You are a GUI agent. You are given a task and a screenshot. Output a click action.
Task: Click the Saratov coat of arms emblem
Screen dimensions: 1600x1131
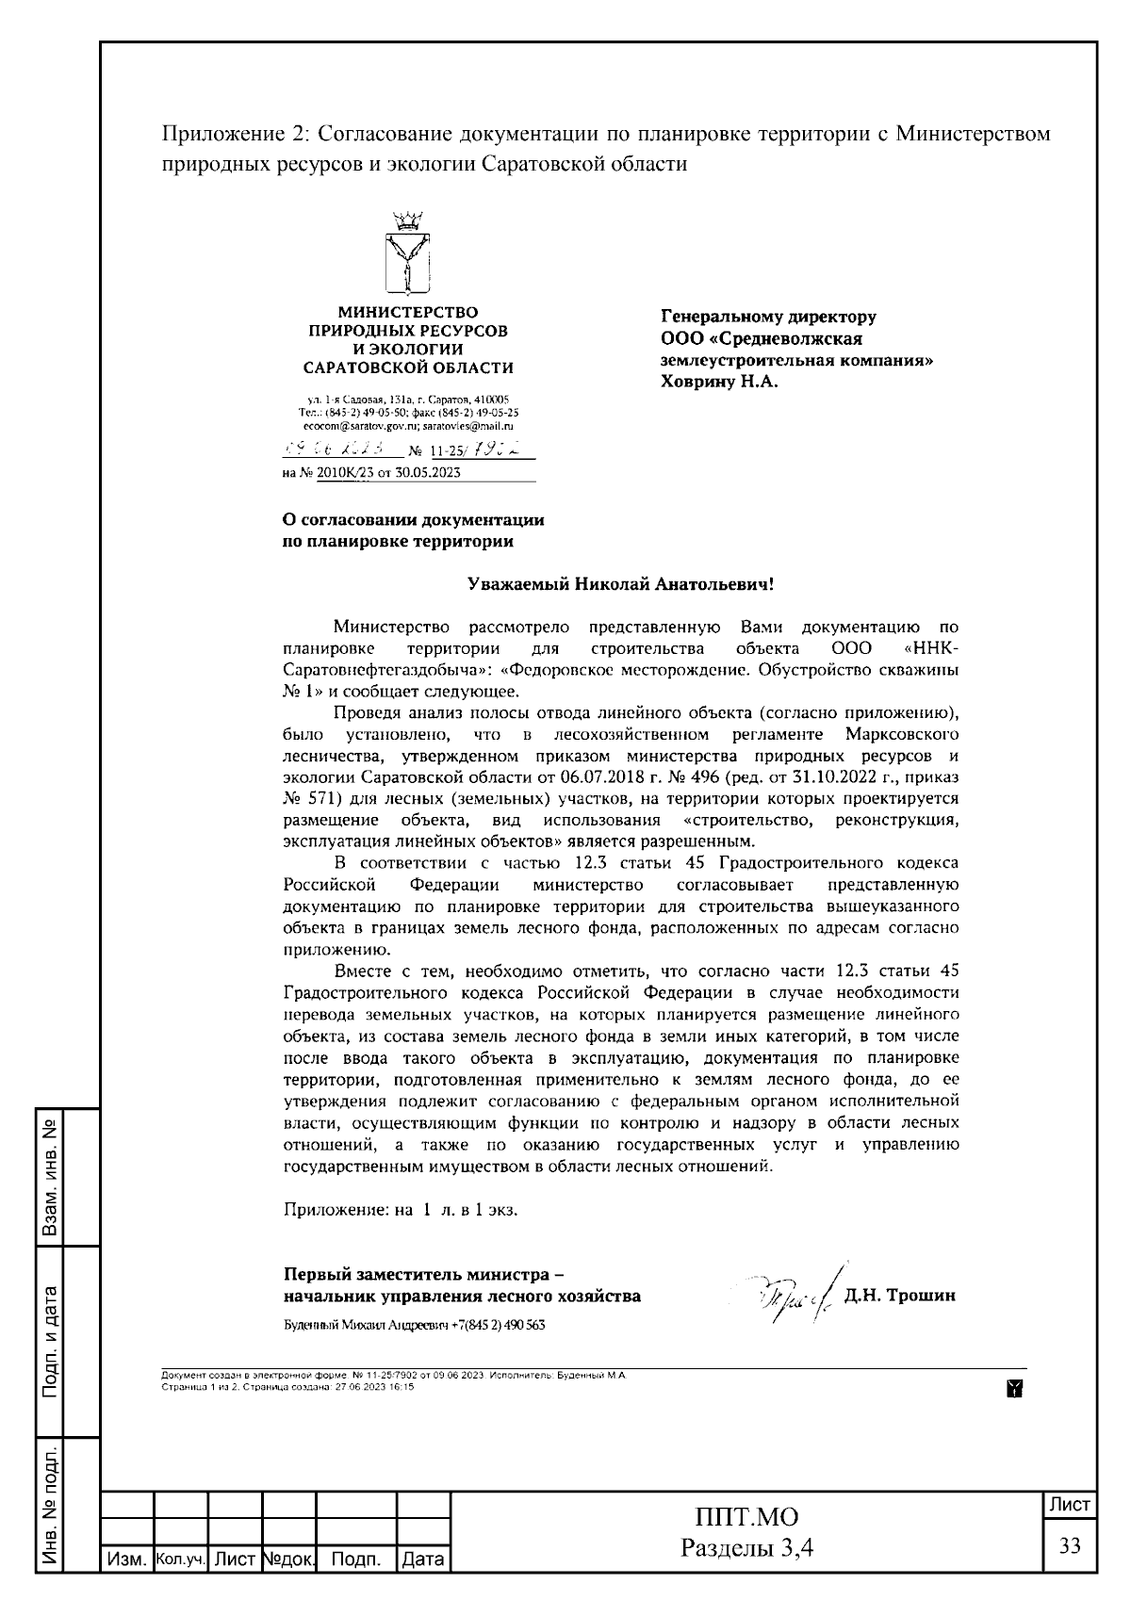click(x=408, y=255)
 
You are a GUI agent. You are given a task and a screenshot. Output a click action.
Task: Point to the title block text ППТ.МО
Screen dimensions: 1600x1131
click(x=746, y=1517)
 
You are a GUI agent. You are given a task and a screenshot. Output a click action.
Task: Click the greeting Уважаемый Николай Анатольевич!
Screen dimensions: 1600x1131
click(x=621, y=584)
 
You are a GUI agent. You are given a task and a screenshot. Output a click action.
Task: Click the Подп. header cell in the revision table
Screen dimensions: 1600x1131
click(x=356, y=1559)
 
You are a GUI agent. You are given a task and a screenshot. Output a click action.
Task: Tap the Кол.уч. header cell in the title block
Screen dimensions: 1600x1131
click(x=180, y=1559)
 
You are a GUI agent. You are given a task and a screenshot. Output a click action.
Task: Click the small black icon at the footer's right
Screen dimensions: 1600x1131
click(x=1015, y=1387)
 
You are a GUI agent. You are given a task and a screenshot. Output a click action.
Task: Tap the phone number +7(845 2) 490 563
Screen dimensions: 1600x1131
click(x=498, y=1324)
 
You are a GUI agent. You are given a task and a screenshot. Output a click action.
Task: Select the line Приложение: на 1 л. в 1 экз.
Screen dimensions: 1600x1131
click(x=401, y=1209)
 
